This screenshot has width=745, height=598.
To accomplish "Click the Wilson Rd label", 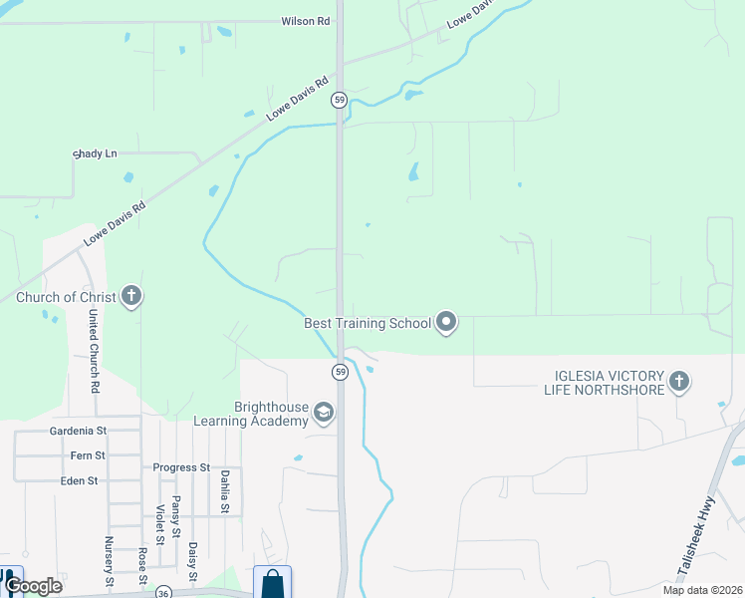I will click(x=305, y=21).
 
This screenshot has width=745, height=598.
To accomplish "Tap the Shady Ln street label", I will click(x=96, y=153).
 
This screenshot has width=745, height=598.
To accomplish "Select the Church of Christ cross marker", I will click(x=131, y=296).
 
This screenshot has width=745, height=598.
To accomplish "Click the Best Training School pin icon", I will click(x=446, y=322).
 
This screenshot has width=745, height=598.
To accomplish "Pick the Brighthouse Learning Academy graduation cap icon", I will click(x=323, y=412).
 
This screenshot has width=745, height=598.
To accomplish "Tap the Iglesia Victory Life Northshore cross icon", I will click(x=679, y=382).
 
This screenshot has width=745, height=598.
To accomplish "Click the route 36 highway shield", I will click(x=162, y=592).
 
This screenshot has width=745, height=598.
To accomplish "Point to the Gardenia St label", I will click(x=77, y=432).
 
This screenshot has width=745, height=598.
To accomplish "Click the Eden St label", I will click(x=79, y=480).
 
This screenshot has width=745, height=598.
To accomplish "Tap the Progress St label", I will click(x=181, y=466).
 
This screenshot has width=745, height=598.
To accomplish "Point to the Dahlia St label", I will click(x=226, y=491).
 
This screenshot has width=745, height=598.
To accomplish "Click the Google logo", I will click(x=32, y=585).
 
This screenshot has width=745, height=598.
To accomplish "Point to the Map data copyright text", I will click(x=702, y=590).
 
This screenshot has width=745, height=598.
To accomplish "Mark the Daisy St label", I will click(x=192, y=561).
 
